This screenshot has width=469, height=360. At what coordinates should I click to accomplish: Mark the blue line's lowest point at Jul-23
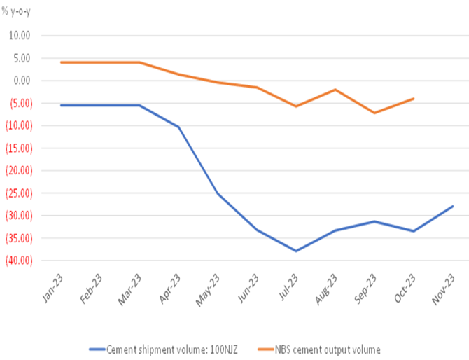296,251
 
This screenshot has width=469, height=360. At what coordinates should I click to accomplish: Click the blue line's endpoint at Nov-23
454,206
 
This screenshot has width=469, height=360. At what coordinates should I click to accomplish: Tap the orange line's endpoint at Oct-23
414,99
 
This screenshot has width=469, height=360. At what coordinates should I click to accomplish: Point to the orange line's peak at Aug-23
335,90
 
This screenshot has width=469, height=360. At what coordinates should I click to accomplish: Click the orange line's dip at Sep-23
374,113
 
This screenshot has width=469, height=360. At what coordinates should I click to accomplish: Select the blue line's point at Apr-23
178,127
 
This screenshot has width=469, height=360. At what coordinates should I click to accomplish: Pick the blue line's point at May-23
218,193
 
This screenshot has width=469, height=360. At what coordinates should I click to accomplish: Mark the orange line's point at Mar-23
139,62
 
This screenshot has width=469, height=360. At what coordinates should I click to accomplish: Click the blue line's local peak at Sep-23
374,221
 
